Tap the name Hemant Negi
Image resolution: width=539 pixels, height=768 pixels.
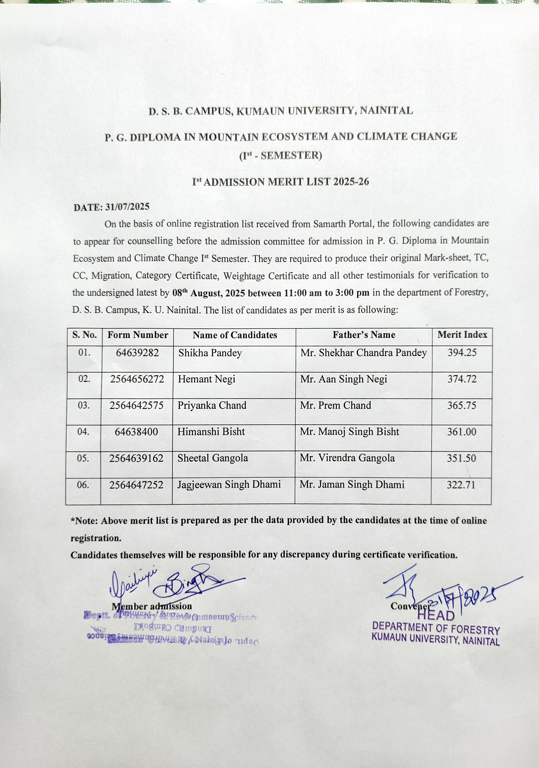tap(207, 379)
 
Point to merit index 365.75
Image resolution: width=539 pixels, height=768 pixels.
tap(462, 405)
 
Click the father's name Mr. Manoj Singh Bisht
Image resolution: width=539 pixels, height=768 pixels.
tap(349, 432)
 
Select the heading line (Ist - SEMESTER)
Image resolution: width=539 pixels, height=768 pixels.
tap(281, 156)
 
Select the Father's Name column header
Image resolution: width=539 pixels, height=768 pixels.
tap(364, 335)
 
